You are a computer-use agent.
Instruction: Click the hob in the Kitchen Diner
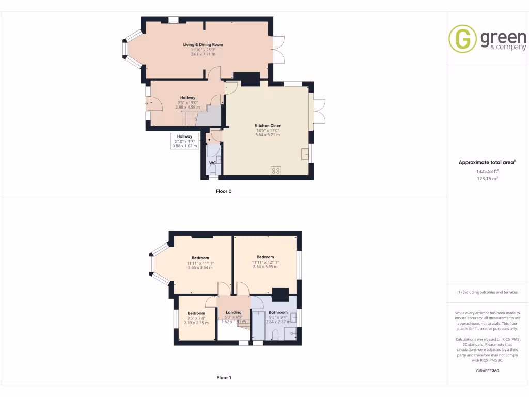pos(275,170)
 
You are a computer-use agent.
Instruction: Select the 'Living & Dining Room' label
pos(203,45)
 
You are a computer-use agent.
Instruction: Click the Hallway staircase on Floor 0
pos(189,119)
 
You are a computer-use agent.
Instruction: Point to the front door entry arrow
pos(147,104)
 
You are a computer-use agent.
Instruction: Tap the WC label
pos(212,163)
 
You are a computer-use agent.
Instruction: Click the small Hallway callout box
pos(184,141)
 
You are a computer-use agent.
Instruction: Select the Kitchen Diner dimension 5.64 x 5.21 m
pos(268,135)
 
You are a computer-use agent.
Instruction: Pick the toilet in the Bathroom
pos(275,333)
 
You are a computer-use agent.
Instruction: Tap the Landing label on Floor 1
pos(234,312)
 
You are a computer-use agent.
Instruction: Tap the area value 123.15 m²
pos(487,178)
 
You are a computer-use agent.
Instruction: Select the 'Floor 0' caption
pos(224,191)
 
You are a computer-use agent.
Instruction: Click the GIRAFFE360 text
pos(487,371)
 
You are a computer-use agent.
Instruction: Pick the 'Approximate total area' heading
pos(486,162)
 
